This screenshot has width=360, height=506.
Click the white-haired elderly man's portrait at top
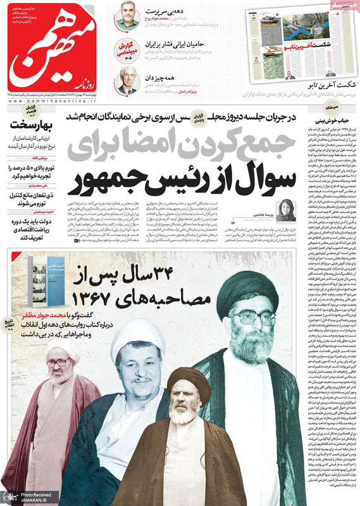(x=128, y=80)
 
